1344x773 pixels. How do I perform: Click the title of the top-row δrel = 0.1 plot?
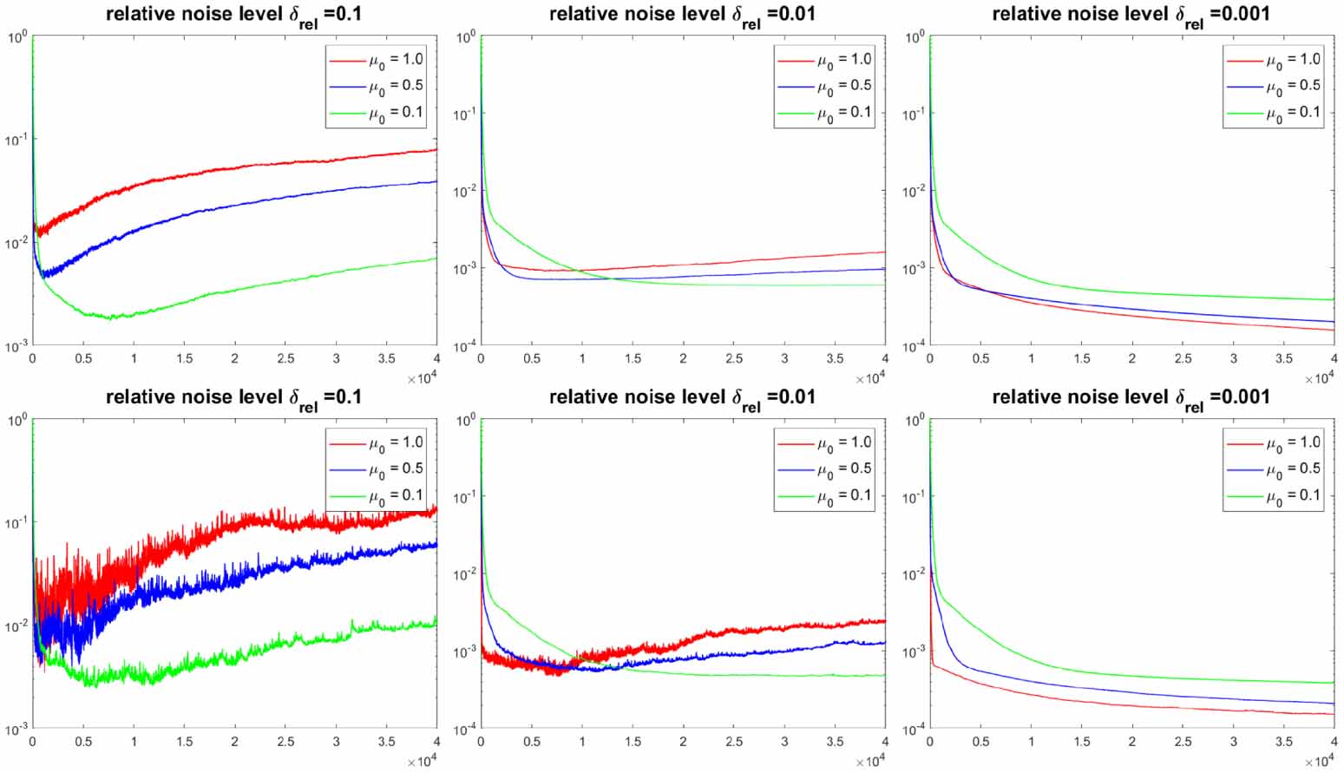pos(233,15)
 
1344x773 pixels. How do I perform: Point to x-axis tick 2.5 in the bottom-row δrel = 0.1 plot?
pos(285,743)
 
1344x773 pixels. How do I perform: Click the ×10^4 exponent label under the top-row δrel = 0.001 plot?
pos(1320,379)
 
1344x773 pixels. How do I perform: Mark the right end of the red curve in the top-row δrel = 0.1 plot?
pos(436,150)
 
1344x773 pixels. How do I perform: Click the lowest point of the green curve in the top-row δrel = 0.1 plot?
pos(110,318)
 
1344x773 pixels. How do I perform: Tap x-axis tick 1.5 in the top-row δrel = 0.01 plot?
pos(633,359)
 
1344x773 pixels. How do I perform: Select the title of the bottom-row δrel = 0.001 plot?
pos(1131,397)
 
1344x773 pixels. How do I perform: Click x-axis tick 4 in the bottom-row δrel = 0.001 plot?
pos(1334,743)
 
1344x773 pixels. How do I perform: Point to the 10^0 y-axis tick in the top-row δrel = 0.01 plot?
pos(466,37)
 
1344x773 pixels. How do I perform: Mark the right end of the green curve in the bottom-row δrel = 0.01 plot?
pos(885,676)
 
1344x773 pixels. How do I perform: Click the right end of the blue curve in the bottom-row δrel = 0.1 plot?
pos(436,545)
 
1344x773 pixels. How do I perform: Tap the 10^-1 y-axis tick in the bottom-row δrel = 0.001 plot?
pos(915,497)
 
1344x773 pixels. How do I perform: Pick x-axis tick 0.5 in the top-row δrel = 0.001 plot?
pos(980,359)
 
